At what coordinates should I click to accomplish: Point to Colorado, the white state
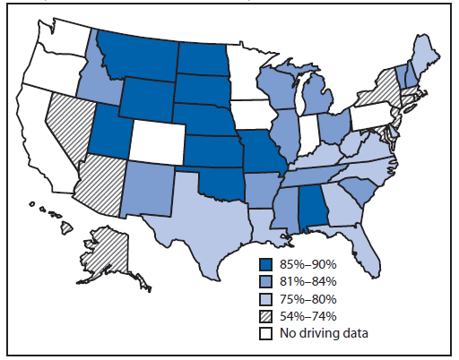pos(159,140)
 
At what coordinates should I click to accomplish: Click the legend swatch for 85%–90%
pos(266,265)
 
